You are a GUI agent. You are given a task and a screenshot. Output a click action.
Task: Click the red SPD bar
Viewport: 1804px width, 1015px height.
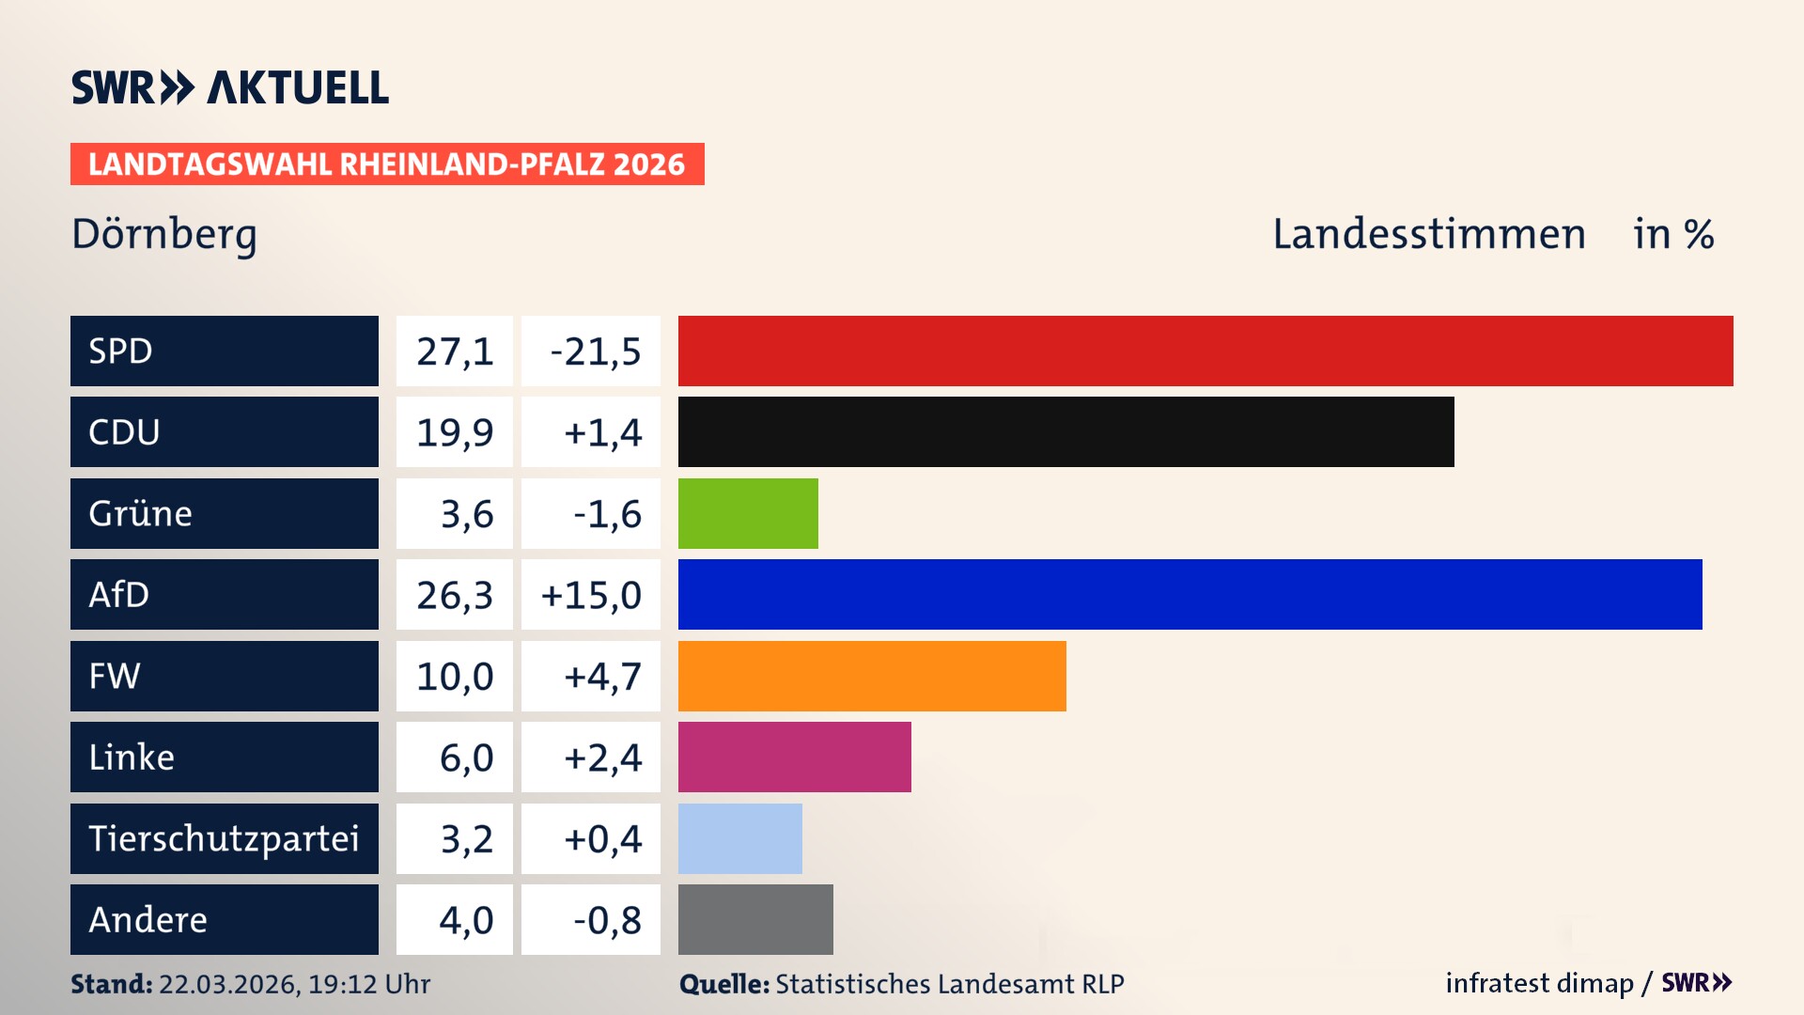[1205, 351]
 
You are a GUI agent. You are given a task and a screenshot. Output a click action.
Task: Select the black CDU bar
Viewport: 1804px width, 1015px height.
[1065, 431]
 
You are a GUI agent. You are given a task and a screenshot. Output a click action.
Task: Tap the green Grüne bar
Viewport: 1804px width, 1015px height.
[748, 513]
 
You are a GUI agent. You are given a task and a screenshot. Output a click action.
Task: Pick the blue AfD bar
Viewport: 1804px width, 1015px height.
[1190, 594]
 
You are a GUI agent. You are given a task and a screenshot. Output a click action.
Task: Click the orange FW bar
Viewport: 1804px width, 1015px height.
[872, 676]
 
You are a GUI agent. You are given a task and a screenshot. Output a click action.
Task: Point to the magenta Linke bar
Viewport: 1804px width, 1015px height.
[794, 757]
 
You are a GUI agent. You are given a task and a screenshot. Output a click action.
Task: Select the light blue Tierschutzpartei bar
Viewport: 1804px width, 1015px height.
[739, 838]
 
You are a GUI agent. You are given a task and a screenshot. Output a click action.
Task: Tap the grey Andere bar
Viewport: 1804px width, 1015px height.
[755, 919]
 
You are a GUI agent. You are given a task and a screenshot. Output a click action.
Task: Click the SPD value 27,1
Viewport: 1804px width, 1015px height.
[455, 351]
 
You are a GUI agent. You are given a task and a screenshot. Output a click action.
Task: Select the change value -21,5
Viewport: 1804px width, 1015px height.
[595, 351]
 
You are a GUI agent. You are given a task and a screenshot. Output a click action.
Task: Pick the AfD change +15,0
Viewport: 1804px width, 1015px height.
[591, 595]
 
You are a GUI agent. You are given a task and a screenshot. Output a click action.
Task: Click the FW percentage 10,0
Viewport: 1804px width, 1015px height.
[455, 677]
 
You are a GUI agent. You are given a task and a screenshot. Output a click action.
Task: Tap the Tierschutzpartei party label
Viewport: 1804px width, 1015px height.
[224, 838]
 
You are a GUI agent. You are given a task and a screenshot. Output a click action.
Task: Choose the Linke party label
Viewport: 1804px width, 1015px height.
[132, 757]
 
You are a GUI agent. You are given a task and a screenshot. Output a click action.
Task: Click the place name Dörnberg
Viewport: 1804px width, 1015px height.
[164, 234]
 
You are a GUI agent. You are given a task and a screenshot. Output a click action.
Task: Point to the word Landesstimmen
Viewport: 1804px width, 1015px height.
[1428, 234]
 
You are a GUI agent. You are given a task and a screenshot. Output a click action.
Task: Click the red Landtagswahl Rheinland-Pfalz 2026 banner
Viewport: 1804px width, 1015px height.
[387, 164]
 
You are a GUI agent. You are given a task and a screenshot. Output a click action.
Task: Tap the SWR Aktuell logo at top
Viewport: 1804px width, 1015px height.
[230, 87]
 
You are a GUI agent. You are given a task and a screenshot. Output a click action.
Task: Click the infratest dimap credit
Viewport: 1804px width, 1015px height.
[1539, 983]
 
